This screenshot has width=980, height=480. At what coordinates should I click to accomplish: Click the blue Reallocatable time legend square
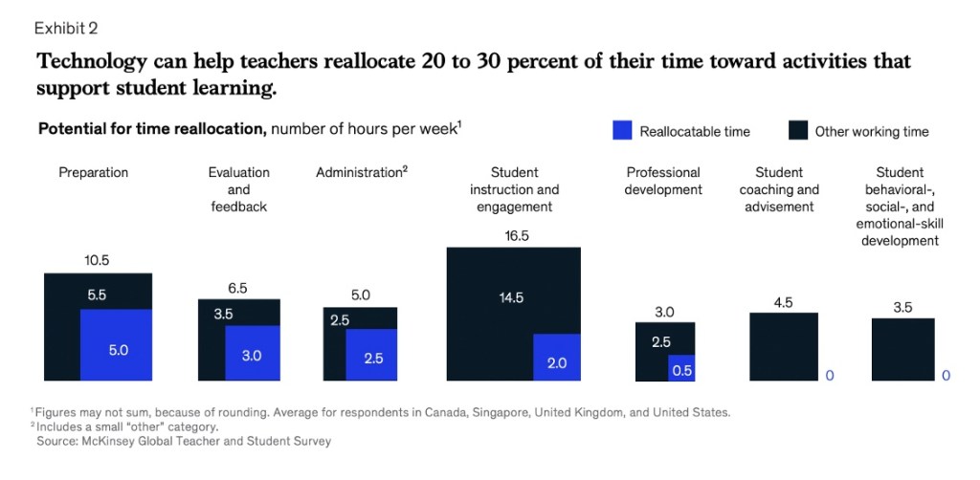[x=623, y=131]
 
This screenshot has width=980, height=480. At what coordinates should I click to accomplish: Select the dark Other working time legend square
[x=798, y=131]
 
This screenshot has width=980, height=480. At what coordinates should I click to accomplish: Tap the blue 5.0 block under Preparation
[x=117, y=350]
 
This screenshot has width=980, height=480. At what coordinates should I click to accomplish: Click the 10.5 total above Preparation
[x=98, y=260]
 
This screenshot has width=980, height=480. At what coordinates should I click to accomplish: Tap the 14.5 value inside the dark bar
[x=512, y=297]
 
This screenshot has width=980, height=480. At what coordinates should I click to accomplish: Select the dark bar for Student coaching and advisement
[x=783, y=347]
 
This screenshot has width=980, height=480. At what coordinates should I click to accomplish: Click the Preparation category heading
[x=94, y=173]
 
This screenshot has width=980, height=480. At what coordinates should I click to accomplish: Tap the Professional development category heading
[x=663, y=182]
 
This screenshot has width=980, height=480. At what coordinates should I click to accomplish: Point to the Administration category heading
[x=361, y=173]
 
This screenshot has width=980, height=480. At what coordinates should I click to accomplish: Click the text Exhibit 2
[x=67, y=27]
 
